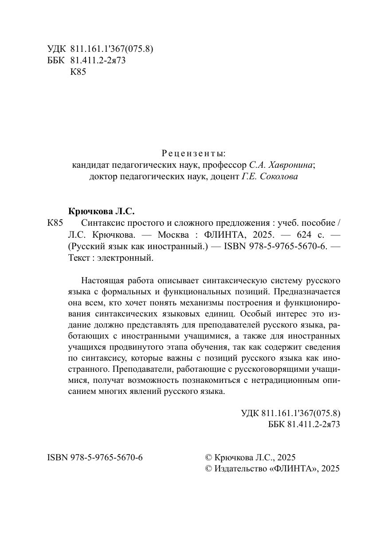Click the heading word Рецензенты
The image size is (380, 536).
coord(193,154)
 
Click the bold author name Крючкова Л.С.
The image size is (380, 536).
coord(102,211)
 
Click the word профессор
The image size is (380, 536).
coord(226,165)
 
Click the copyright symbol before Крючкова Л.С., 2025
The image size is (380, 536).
coord(209,457)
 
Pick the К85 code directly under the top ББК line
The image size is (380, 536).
coord(78,72)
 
